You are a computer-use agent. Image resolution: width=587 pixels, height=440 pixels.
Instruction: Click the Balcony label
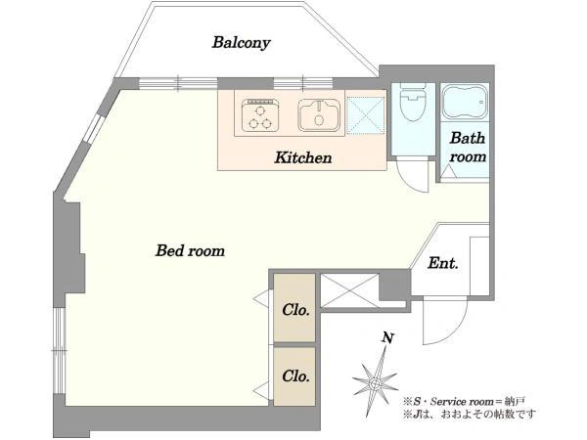click(241, 43)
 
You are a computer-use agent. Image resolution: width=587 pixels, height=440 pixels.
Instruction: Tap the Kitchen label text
click(303, 157)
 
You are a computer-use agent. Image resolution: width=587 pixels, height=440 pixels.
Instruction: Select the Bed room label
click(190, 250)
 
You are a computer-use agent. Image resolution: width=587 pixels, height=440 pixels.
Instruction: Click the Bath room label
click(468, 148)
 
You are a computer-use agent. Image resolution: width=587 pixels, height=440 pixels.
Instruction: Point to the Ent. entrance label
click(443, 263)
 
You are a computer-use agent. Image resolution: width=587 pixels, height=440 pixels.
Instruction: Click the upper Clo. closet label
click(296, 309)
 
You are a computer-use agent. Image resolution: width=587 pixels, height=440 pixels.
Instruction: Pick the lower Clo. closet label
click(296, 376)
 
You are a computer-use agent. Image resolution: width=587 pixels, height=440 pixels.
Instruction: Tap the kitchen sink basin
click(319, 114)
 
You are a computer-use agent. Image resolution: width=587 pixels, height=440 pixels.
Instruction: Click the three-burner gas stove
click(260, 115)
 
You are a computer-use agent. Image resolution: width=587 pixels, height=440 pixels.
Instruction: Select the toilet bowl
click(413, 102)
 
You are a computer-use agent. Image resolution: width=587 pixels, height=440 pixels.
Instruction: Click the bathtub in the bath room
click(465, 102)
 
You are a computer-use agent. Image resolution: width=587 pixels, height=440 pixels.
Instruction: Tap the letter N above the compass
click(387, 338)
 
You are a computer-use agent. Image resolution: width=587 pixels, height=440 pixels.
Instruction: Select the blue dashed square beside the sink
click(366, 114)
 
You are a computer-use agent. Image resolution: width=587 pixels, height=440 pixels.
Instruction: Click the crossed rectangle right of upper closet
click(349, 290)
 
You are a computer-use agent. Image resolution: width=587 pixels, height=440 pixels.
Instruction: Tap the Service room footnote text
click(464, 402)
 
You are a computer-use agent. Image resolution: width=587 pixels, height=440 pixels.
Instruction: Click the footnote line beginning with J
click(470, 415)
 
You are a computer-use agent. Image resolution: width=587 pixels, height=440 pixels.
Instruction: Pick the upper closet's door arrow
click(262, 298)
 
